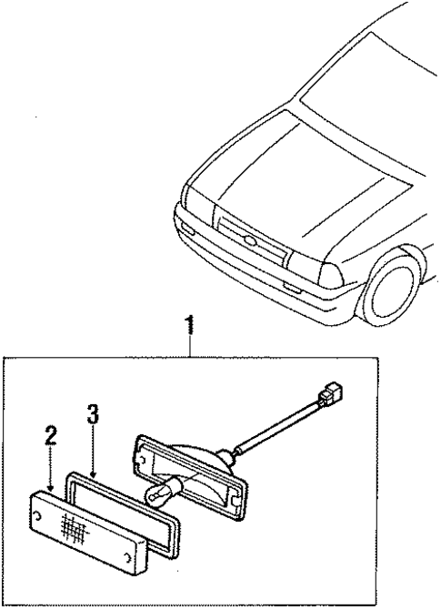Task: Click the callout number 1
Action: (189, 323)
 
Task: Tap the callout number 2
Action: (50, 434)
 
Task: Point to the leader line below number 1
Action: (189, 346)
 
